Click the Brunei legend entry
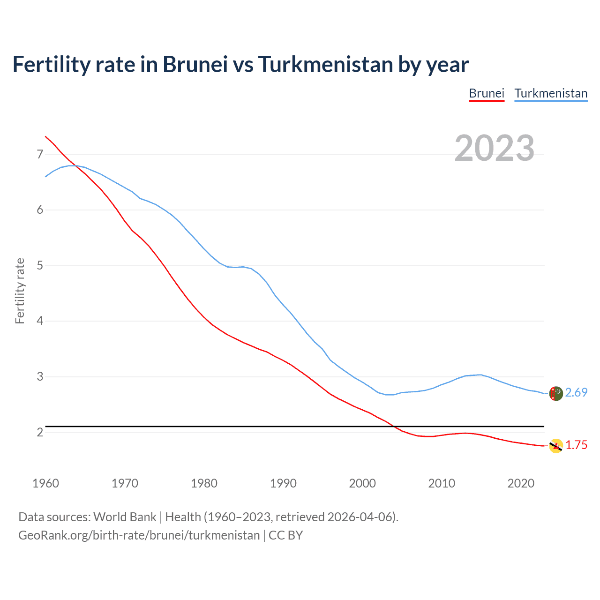pyautogui.click(x=487, y=93)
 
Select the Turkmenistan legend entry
pyautogui.click(x=551, y=93)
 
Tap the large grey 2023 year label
pyautogui.click(x=495, y=148)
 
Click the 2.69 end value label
pyautogui.click(x=576, y=393)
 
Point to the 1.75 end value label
pyautogui.click(x=576, y=445)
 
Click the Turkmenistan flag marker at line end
pyautogui.click(x=555, y=393)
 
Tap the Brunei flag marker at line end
pyautogui.click(x=555, y=446)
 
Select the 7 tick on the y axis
pyautogui.click(x=40, y=154)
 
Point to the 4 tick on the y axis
pyautogui.click(x=40, y=321)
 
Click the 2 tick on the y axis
pyautogui.click(x=40, y=432)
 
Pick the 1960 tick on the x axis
pyautogui.click(x=45, y=483)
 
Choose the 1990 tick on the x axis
pyautogui.click(x=283, y=483)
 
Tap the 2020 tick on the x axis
pyautogui.click(x=521, y=483)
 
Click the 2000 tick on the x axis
pyautogui.click(x=362, y=483)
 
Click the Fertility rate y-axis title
pyautogui.click(x=20, y=291)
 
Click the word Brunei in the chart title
pyautogui.click(x=195, y=64)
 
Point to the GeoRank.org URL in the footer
pyautogui.click(x=139, y=535)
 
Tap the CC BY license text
pyautogui.click(x=285, y=535)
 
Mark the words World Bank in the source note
pyautogui.click(x=125, y=517)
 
